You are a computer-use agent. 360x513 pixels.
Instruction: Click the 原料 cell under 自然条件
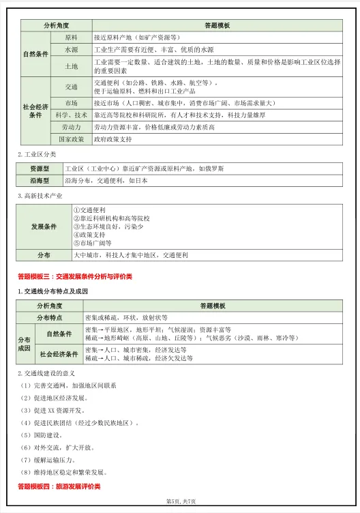pyautogui.click(x=71, y=38)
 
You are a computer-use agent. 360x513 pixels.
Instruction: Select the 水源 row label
pyautogui.click(x=71, y=50)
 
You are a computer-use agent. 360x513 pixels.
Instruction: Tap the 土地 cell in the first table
pyautogui.click(x=71, y=66)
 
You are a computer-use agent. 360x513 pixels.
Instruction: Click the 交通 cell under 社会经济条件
pyautogui.click(x=71, y=87)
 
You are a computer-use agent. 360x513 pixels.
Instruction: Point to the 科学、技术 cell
pyautogui.click(x=71, y=115)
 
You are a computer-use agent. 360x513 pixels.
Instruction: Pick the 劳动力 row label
pyautogui.click(x=71, y=127)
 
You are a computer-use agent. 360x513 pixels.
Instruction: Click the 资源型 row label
pyautogui.click(x=40, y=168)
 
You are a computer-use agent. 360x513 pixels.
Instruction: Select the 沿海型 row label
pyautogui.click(x=40, y=181)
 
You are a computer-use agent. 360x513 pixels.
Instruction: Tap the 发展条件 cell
pyautogui.click(x=44, y=226)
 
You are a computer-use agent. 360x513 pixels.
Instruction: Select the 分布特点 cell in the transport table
pyautogui.click(x=49, y=318)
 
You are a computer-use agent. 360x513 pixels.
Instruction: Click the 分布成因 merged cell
pyautogui.click(x=24, y=344)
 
